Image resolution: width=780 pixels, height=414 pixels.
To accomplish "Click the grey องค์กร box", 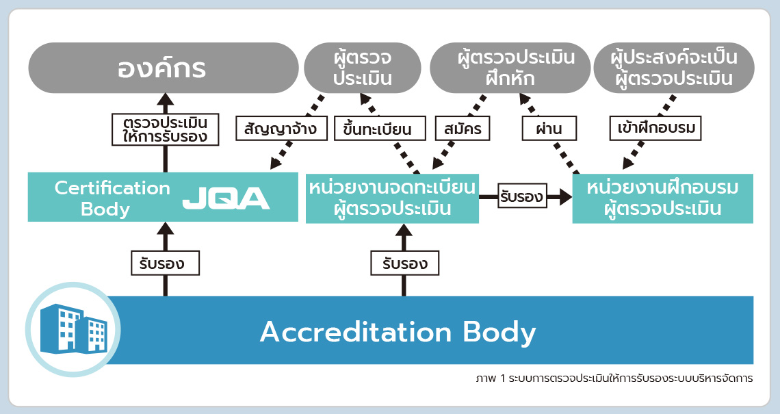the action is [163, 68].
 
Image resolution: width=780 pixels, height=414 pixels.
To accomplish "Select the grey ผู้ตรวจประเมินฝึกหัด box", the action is [510, 68].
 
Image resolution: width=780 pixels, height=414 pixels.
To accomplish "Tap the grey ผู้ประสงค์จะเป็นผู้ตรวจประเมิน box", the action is [674, 68].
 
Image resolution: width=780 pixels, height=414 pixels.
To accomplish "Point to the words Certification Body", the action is [112, 198].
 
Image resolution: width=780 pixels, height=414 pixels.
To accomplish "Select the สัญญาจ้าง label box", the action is [281, 129].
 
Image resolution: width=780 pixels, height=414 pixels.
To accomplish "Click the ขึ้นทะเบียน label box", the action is [380, 129].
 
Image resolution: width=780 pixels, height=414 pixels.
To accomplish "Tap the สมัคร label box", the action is [463, 129].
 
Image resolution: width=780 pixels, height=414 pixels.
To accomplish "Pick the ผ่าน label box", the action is [549, 129].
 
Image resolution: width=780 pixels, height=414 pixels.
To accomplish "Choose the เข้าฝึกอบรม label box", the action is [655, 129].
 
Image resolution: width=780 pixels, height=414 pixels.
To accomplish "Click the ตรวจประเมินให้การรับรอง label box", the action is [165, 129].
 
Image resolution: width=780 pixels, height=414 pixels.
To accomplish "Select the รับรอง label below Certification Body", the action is [165, 263].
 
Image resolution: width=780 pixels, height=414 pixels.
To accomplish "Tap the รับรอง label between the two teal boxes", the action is [522, 196].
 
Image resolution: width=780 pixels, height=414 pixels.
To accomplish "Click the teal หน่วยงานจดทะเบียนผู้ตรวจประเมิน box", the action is [393, 198].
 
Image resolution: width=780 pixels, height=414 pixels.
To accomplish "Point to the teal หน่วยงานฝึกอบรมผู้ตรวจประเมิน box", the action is [662, 198].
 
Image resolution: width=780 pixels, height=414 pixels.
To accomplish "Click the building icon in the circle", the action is [73, 329].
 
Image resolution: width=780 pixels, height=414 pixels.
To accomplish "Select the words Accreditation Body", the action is [398, 331].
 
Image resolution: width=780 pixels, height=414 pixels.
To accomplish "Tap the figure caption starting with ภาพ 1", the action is [614, 378].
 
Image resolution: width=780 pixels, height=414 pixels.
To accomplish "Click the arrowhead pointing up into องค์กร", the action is [165, 99].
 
